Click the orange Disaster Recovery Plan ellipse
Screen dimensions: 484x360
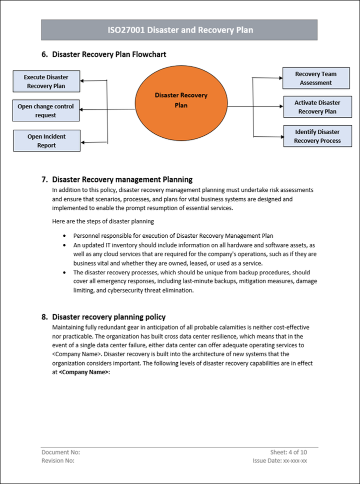tap(181, 100)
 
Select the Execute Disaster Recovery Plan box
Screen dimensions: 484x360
tap(46, 81)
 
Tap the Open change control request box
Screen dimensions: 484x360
tap(45, 110)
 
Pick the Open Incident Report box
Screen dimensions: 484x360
tap(46, 141)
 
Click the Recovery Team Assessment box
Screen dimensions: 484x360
tap(315, 78)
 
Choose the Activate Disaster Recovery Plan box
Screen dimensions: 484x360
tap(317, 107)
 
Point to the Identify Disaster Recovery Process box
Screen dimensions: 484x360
tap(317, 136)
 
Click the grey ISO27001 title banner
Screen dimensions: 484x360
tap(179, 30)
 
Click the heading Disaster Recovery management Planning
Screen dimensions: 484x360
tap(122, 179)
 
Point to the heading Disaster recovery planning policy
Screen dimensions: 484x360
tap(108, 317)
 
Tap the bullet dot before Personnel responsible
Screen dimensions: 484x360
tap(64, 235)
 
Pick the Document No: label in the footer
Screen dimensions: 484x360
tap(60, 453)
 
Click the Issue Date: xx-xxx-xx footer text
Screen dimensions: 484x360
tap(280, 461)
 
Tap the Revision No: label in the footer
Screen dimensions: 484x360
tap(58, 461)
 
